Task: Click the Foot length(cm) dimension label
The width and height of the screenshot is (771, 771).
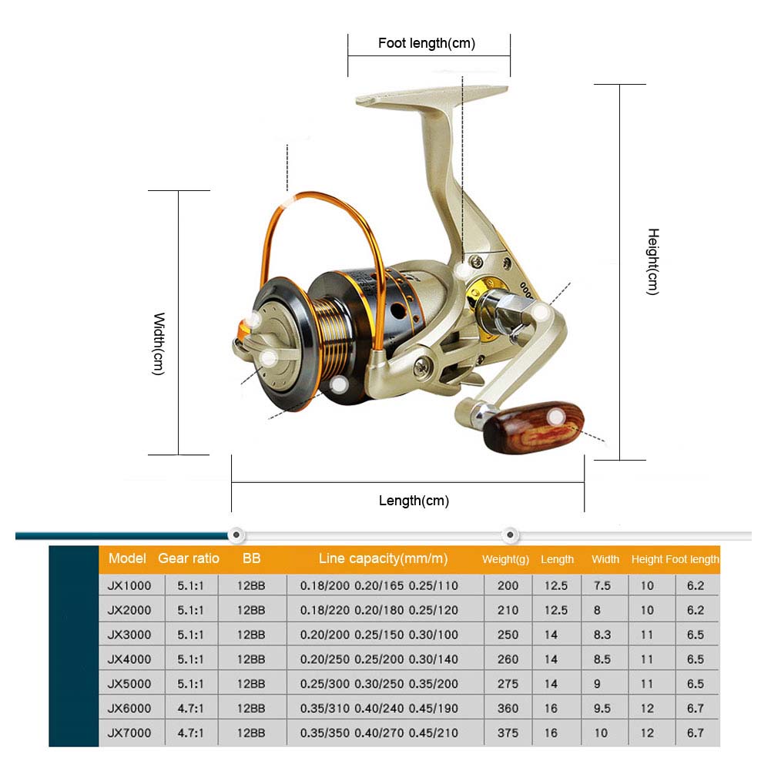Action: (x=426, y=43)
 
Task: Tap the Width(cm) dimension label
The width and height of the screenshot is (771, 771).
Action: (x=159, y=344)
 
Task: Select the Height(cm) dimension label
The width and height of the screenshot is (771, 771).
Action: (x=652, y=261)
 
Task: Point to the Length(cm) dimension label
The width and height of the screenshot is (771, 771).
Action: (x=414, y=501)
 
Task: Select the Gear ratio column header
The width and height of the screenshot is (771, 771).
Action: (x=189, y=558)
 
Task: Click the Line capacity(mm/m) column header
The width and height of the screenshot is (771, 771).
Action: (x=383, y=558)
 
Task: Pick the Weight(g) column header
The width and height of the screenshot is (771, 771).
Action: (x=505, y=559)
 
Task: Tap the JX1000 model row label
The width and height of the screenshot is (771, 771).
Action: (x=130, y=585)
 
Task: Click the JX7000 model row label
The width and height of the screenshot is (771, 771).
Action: (x=130, y=733)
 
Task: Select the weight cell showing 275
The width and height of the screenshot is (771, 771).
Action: (x=508, y=684)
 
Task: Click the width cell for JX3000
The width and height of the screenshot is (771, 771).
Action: (x=602, y=635)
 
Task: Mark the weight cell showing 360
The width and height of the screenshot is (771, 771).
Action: (x=508, y=709)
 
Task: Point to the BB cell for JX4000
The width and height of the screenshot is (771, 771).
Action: (x=251, y=659)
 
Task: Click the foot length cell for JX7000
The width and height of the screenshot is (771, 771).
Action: (x=695, y=733)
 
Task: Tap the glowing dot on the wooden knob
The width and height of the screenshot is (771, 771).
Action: (x=555, y=417)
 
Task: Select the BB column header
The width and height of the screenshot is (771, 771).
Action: (x=251, y=558)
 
